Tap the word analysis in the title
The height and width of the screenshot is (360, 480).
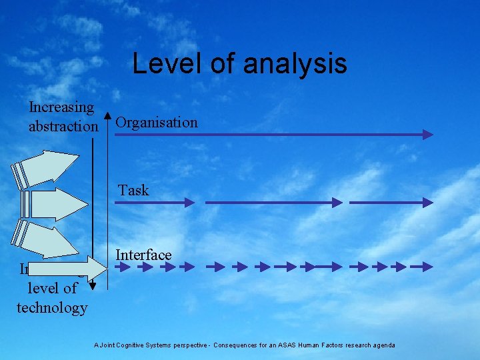[295, 63]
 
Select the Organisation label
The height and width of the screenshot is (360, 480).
[157, 123]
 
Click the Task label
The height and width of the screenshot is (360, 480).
[133, 190]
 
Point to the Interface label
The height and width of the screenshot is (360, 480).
[143, 255]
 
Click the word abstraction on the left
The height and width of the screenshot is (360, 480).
[63, 125]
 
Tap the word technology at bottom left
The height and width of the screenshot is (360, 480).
[52, 307]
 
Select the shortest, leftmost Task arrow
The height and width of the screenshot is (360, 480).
[154, 201]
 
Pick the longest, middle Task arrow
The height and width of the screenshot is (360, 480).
[273, 201]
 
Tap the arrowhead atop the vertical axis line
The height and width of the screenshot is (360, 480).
[106, 116]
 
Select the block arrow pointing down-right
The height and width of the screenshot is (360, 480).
[47, 237]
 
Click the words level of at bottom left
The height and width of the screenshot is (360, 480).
[52, 289]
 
